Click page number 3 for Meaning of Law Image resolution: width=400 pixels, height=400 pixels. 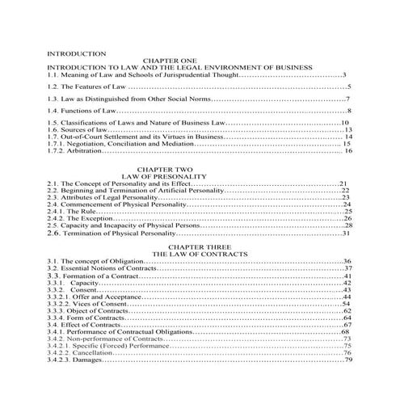344,74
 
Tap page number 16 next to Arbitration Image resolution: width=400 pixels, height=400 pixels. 348,151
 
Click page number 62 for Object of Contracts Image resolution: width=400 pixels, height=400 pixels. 347,310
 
